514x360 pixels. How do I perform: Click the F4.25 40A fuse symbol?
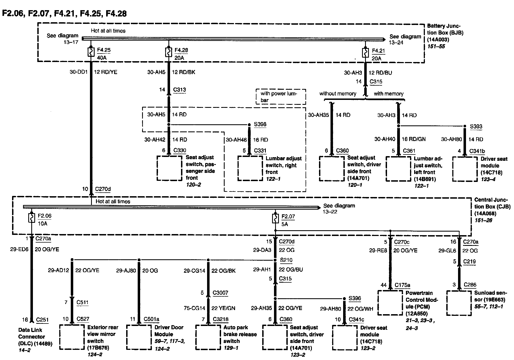point(91,52)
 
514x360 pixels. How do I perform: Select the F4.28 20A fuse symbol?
point(168,52)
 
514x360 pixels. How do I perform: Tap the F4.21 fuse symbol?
point(365,53)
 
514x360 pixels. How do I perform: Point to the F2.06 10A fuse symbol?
point(32,218)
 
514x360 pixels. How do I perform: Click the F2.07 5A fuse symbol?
point(275,219)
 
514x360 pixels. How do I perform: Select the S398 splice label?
point(260,124)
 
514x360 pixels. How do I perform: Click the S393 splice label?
point(476,126)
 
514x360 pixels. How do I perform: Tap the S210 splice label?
point(286,260)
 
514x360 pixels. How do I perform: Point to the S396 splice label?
point(355,298)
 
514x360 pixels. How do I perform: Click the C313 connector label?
point(179,90)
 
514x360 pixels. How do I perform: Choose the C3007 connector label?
point(220,293)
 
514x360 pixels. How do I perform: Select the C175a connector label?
point(402,285)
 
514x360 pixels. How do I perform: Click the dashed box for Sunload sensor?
point(459,303)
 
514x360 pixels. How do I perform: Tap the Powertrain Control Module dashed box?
point(390,303)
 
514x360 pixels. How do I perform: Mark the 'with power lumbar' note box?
point(281,97)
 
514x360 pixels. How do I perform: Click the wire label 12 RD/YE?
point(106,72)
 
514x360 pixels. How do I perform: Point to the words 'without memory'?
point(338,94)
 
